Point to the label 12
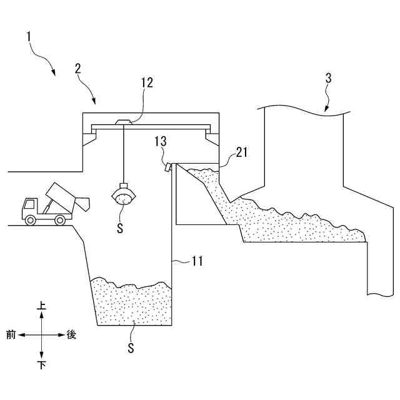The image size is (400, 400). [x=147, y=82]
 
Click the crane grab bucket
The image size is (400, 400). [x=123, y=195]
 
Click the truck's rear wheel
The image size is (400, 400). [x=60, y=219]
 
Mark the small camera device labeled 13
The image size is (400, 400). [x=168, y=167]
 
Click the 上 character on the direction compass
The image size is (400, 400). [x=42, y=306]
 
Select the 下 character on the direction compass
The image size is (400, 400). [x=42, y=364]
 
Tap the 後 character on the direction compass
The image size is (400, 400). [x=71, y=335]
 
